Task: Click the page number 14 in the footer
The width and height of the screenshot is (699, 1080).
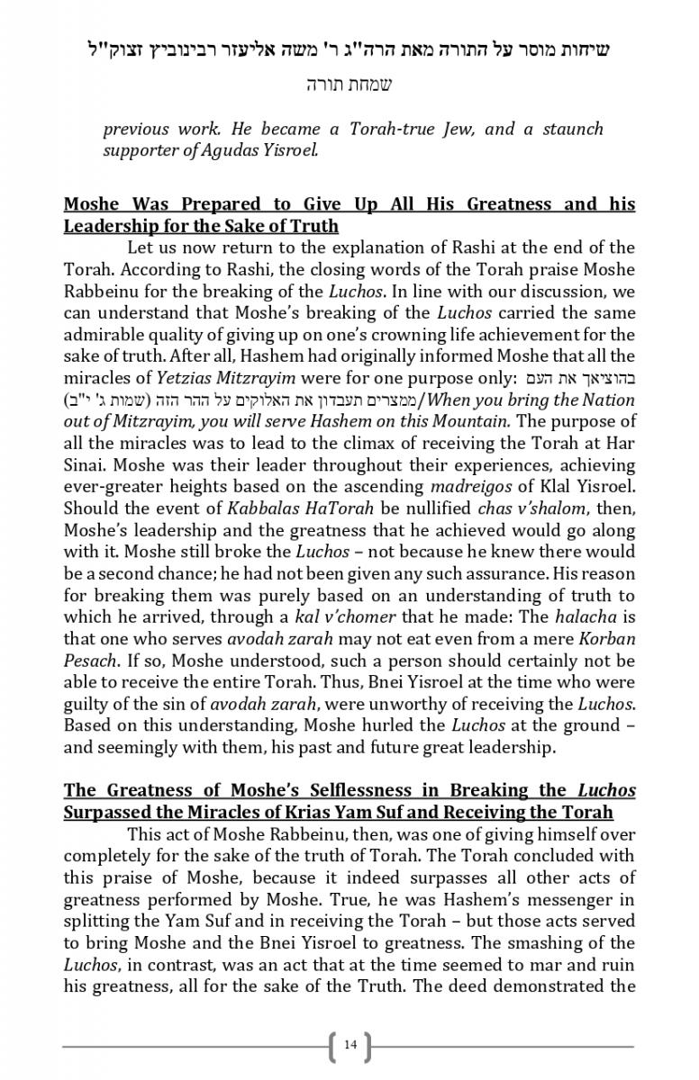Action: [350, 1044]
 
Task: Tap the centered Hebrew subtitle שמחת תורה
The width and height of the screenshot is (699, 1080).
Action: [349, 85]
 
